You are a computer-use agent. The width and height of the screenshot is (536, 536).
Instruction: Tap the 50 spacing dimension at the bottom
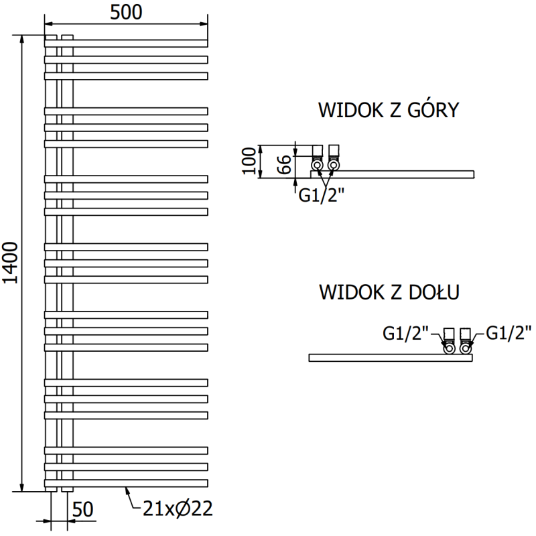[83, 510]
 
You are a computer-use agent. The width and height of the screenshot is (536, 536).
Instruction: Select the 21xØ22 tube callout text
[177, 509]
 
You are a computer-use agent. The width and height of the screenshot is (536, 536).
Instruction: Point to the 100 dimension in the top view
[249, 161]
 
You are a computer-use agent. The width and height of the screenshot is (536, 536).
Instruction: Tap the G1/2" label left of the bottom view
[405, 332]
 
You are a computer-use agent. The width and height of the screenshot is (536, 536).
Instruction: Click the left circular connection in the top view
[317, 164]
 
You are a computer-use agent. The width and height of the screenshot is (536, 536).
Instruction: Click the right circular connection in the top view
[333, 164]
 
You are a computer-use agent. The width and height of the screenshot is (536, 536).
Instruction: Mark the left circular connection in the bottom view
[449, 348]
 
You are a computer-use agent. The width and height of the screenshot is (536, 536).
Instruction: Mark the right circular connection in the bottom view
[466, 348]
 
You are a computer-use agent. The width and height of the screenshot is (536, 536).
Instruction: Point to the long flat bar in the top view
[402, 174]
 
